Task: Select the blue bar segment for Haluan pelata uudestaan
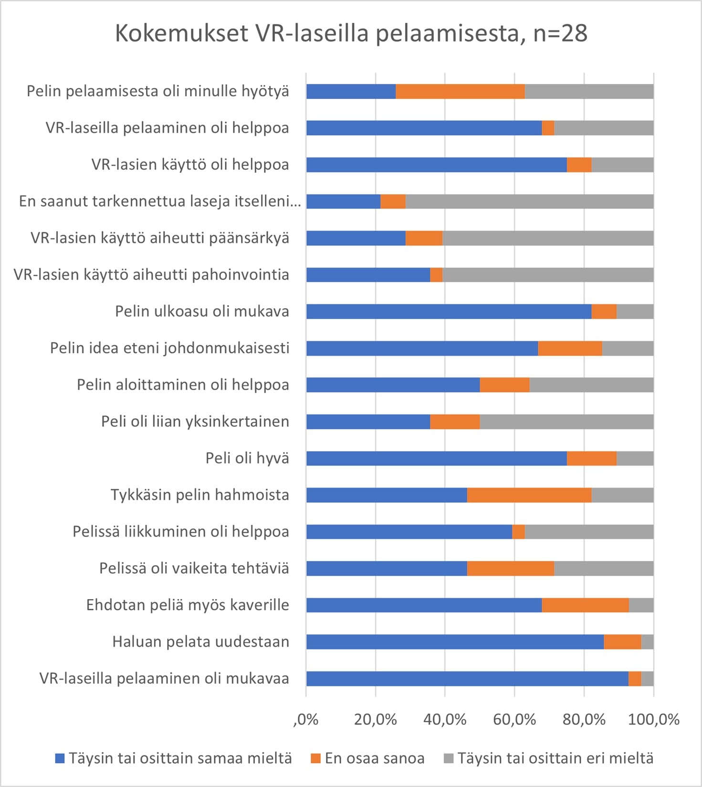point(454,642)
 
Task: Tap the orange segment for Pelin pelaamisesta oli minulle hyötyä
point(460,91)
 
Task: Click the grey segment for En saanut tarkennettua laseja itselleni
point(529,201)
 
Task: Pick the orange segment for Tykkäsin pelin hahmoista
point(529,495)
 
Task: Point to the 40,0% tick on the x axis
point(445,719)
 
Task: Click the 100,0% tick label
point(653,719)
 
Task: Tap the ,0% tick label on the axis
point(306,719)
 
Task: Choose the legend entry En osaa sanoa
point(374,758)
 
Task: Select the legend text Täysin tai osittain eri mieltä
point(555,758)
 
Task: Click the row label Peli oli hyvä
point(247,458)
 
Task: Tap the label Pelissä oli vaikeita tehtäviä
point(194,569)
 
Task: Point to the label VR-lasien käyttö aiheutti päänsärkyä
point(159,238)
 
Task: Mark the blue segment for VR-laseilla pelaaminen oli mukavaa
point(467,678)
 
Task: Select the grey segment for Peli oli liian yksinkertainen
point(566,422)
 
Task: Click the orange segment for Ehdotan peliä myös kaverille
point(585,605)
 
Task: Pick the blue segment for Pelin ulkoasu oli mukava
point(449,311)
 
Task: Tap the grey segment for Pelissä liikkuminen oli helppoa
point(589,532)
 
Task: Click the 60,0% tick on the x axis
point(514,719)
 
